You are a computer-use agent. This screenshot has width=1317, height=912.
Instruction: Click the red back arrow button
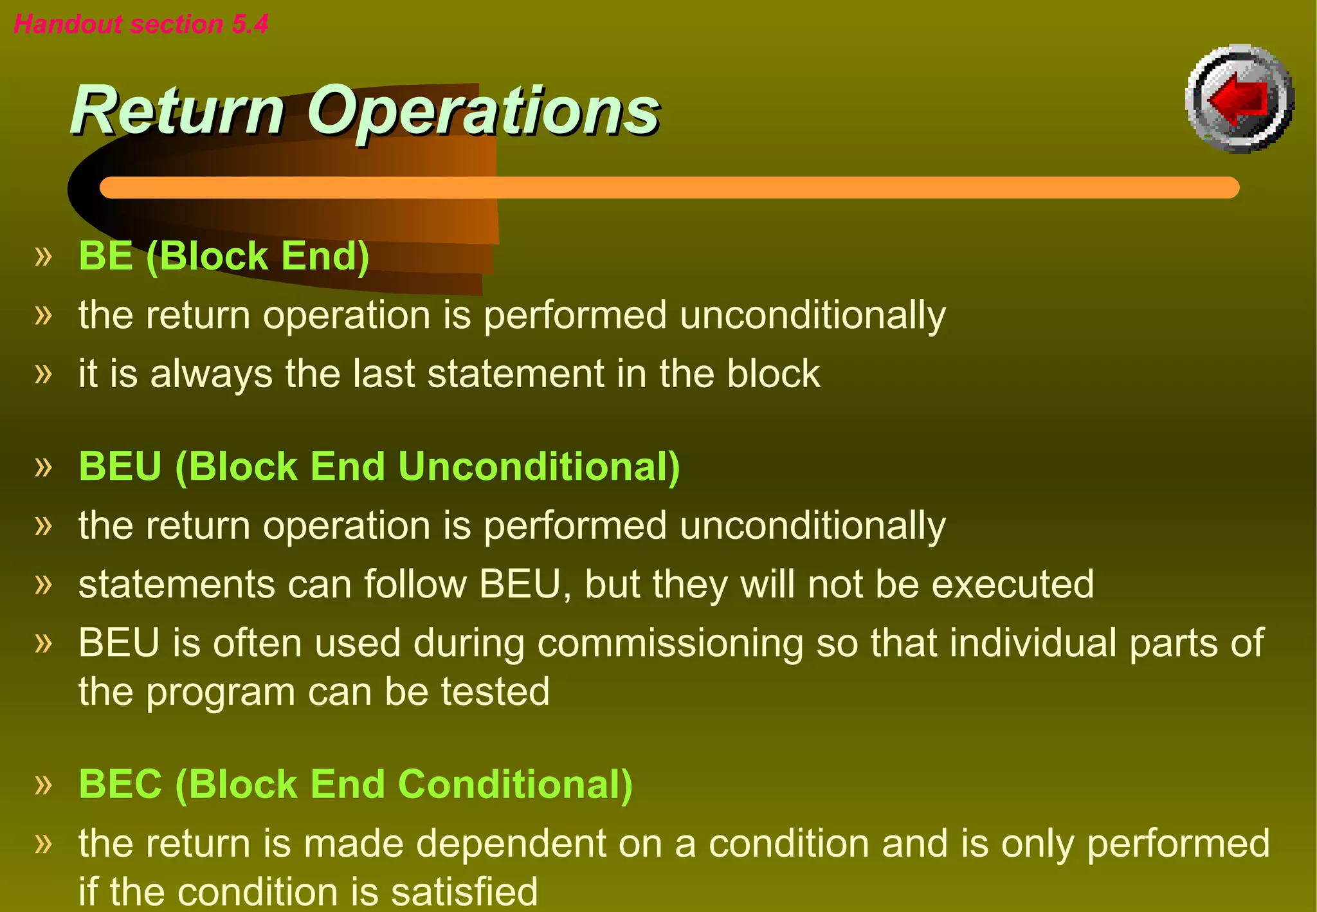(1239, 99)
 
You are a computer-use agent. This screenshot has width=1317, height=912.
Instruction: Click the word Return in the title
(177, 111)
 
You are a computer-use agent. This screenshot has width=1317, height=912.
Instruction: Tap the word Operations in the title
(482, 111)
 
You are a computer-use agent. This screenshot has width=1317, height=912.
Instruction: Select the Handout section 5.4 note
(141, 24)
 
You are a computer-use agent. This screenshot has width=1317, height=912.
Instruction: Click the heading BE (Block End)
(223, 256)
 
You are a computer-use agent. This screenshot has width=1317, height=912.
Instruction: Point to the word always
(211, 374)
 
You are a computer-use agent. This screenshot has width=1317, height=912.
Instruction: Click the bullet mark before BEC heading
(43, 785)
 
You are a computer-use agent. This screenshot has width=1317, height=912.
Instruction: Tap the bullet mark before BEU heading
(43, 466)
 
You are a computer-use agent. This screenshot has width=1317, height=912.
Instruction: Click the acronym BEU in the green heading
(120, 466)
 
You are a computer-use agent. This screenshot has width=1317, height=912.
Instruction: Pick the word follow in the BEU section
(415, 584)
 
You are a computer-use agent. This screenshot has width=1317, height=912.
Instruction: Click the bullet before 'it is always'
(43, 374)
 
